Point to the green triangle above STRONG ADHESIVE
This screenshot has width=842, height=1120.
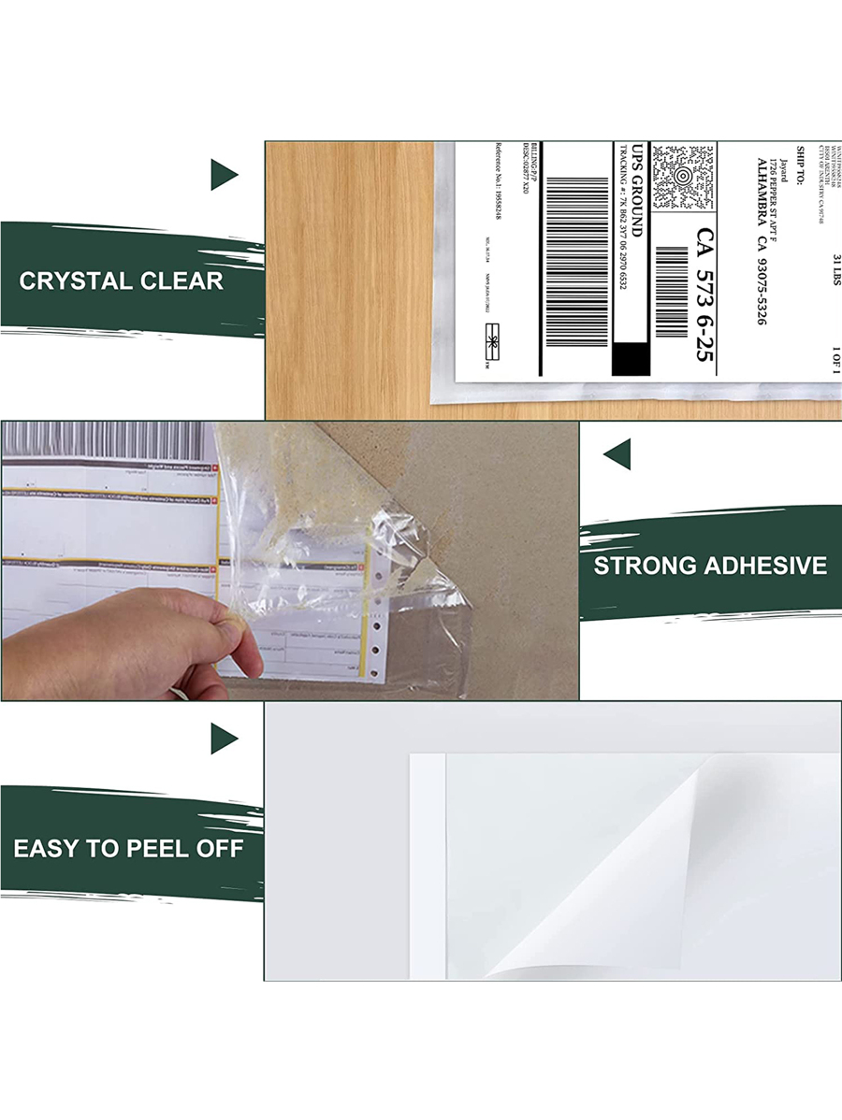click(617, 455)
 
